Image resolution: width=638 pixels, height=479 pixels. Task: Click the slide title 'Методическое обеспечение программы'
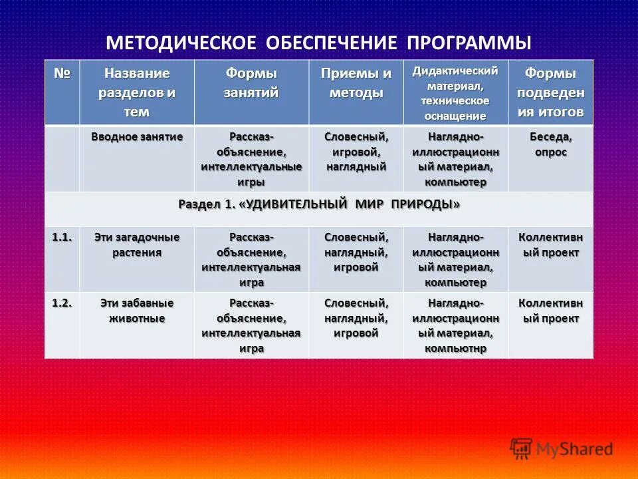pyautogui.click(x=319, y=43)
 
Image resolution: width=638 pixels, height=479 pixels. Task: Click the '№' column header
pyautogui.click(x=62, y=73)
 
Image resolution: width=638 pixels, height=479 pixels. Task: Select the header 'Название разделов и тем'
pyautogui.click(x=137, y=92)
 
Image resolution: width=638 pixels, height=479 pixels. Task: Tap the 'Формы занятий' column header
pyautogui.click(x=251, y=83)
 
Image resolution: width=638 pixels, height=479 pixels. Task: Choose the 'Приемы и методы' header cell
pyautogui.click(x=356, y=83)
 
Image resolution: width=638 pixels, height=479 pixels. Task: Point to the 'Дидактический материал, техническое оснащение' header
pyautogui.click(x=455, y=93)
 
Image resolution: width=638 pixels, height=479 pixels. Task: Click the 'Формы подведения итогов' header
pyautogui.click(x=551, y=92)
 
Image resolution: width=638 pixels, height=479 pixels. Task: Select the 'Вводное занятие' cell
pyautogui.click(x=137, y=136)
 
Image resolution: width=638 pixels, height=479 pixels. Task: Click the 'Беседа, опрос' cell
pyautogui.click(x=551, y=144)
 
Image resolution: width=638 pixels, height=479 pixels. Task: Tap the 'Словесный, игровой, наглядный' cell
pyautogui.click(x=356, y=152)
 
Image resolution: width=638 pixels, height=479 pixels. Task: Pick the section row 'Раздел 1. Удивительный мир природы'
pyautogui.click(x=319, y=204)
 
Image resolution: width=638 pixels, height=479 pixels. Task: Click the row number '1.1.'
pyautogui.click(x=62, y=237)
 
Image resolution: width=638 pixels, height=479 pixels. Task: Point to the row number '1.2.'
pyautogui.click(x=62, y=303)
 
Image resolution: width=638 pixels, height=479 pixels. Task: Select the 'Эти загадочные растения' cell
pyautogui.click(x=137, y=245)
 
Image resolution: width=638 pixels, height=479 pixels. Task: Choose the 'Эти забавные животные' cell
pyautogui.click(x=137, y=311)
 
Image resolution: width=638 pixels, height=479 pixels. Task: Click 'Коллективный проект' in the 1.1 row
pyautogui.click(x=551, y=245)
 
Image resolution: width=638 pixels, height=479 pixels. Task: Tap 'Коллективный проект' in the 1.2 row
pyautogui.click(x=551, y=311)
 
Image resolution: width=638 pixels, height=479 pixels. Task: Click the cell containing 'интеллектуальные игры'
pyautogui.click(x=251, y=160)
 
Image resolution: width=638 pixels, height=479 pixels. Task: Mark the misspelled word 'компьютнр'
pyautogui.click(x=455, y=348)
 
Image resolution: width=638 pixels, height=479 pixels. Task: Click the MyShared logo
pyautogui.click(x=562, y=449)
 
